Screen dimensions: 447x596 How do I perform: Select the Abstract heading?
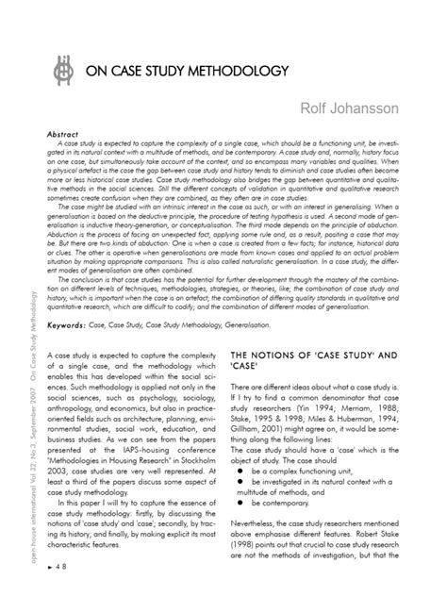63,135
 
